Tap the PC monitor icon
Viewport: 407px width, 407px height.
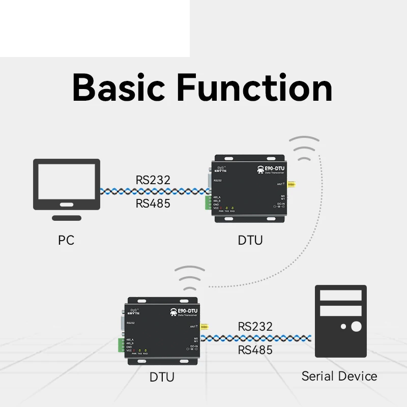[x=66, y=184]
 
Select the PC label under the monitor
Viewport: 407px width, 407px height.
[x=66, y=240]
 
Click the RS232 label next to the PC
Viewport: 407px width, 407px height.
[x=153, y=180]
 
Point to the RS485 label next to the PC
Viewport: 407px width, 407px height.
[x=153, y=204]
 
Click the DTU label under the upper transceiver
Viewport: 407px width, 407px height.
[x=250, y=240]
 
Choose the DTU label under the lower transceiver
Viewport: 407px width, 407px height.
[x=162, y=377]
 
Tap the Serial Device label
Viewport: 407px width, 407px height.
[x=339, y=376]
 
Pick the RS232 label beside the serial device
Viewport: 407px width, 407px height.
[x=255, y=326]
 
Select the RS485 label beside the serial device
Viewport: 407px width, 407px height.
[x=255, y=350]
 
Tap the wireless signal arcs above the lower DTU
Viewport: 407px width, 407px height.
[x=189, y=276]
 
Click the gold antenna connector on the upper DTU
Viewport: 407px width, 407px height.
[x=292, y=185]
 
